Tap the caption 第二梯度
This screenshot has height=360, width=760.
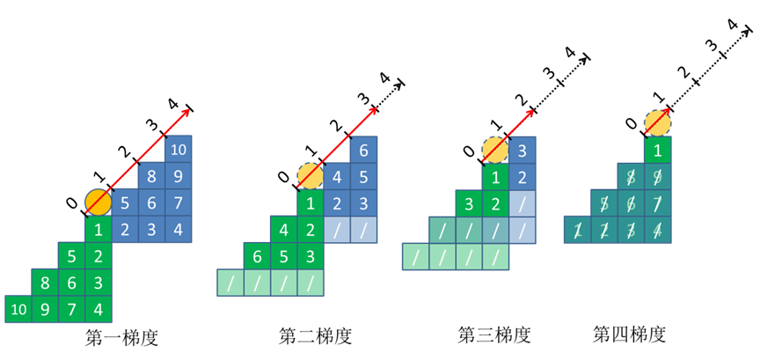coord(315,336)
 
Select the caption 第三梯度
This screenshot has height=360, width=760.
coord(494,334)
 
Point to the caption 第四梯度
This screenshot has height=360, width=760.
coord(630,334)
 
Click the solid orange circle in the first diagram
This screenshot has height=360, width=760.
coord(99,202)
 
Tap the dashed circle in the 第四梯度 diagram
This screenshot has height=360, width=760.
coord(658,123)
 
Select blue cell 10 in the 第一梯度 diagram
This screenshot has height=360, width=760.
coord(179,150)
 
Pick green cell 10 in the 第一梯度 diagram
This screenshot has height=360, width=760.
coord(18,309)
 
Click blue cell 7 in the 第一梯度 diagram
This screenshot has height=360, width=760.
coord(179,202)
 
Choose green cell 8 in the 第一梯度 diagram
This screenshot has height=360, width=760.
coord(45,283)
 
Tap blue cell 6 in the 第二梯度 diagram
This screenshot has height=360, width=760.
coord(364,151)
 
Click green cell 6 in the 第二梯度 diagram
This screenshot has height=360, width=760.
coord(258,256)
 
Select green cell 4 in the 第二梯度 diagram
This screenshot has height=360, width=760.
coord(284,230)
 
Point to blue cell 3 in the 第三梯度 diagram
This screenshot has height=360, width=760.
coord(523,151)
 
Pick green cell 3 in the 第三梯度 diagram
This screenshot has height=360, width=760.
coord(469,204)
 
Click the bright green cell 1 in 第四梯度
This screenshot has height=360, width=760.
coord(658,151)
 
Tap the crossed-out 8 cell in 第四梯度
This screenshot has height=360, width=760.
coord(631,177)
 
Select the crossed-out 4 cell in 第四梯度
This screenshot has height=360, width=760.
coord(658,230)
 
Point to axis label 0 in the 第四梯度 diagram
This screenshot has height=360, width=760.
coord(631,125)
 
